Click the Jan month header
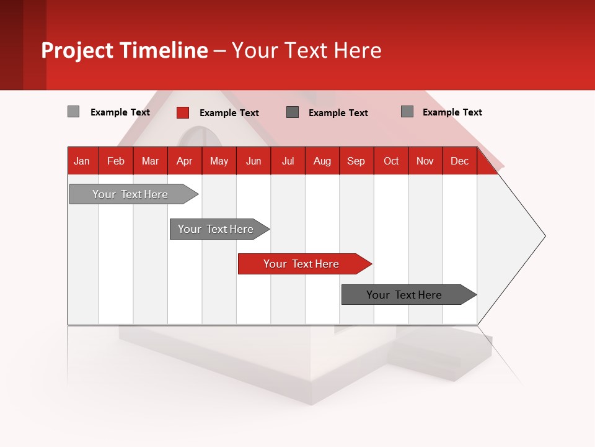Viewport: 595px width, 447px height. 82,161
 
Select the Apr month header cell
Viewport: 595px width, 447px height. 185,161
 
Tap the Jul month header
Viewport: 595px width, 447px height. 288,161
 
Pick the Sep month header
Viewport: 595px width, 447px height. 356,161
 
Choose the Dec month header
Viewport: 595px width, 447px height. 460,161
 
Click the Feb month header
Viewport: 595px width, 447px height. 116,161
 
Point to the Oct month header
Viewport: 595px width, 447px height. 391,161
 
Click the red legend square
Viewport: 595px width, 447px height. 183,112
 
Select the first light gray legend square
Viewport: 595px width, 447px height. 73,112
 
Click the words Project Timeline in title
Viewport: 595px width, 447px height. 124,50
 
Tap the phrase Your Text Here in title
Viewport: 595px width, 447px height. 307,50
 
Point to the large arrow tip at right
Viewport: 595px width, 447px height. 533,236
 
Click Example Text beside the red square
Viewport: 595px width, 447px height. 229,113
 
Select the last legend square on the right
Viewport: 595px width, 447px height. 407,112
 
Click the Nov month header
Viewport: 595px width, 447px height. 425,161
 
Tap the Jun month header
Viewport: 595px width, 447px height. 253,161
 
